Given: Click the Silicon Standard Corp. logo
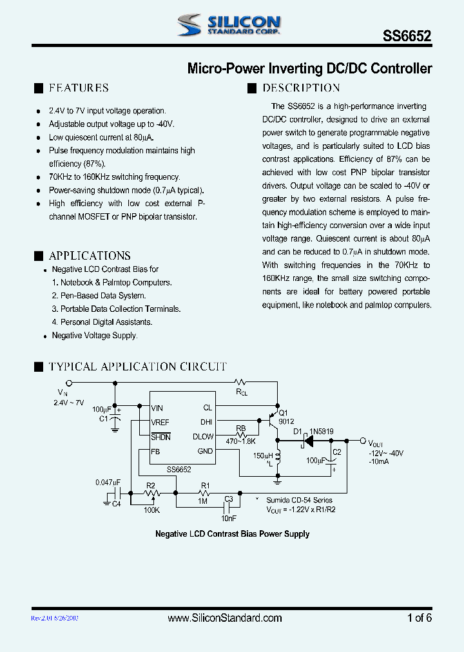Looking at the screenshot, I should [228, 25].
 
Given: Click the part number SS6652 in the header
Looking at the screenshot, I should [411, 37].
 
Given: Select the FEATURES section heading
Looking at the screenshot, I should [79, 88].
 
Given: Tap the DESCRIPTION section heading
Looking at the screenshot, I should [301, 88].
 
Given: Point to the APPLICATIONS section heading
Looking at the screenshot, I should [90, 256].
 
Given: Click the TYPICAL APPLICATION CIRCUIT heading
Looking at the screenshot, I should [137, 367].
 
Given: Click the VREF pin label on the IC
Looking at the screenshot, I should [160, 422].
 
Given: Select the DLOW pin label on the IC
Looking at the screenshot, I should [202, 437].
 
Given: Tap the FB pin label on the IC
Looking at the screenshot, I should [155, 452].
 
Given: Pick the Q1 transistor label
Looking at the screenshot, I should [284, 414].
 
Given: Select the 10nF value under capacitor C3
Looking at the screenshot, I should [228, 518].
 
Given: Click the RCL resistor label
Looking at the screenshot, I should [241, 391].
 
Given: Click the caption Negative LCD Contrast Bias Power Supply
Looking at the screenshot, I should [232, 534].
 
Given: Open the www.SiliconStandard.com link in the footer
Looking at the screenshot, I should [224, 618].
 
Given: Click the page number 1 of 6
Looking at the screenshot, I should [419, 618].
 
